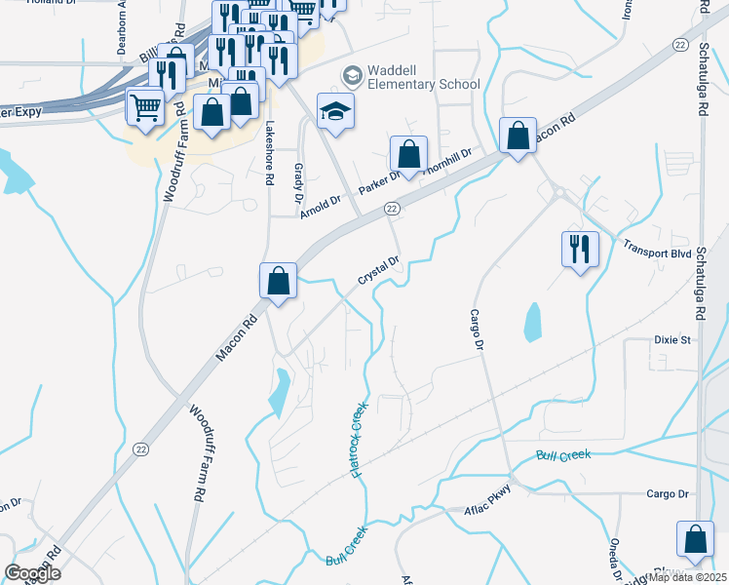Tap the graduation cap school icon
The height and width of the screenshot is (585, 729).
tap(335, 113)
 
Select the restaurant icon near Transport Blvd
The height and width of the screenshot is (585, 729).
tap(576, 249)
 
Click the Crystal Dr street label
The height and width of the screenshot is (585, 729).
tap(379, 271)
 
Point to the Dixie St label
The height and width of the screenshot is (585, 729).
tap(671, 340)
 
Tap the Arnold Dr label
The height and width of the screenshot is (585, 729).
tap(320, 206)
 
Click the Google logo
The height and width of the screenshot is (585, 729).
tap(32, 572)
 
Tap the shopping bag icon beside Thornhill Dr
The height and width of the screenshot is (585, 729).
tap(408, 154)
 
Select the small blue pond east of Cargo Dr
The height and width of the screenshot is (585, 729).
tap(531, 322)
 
